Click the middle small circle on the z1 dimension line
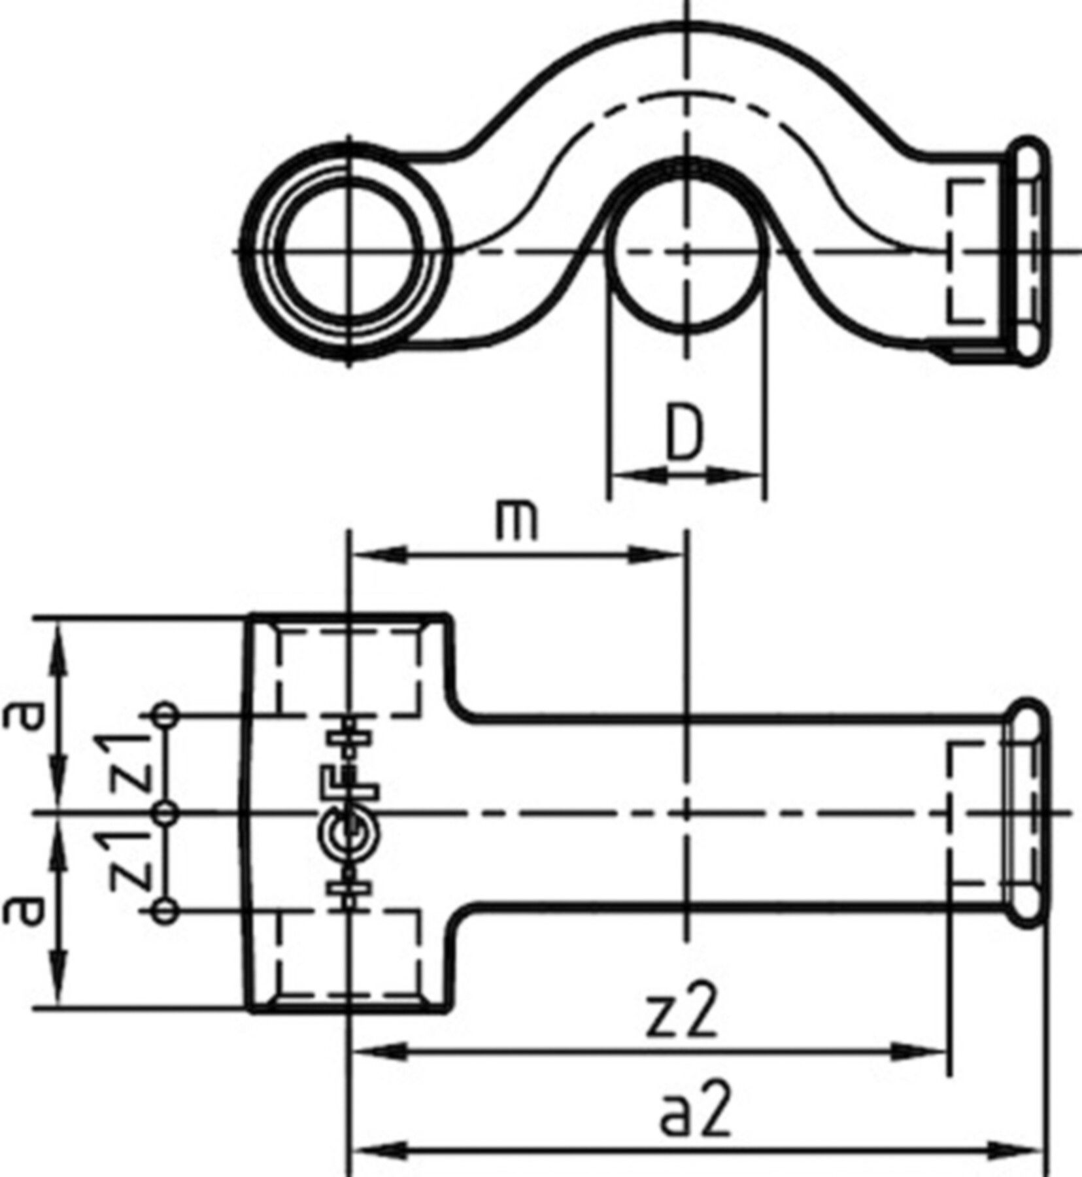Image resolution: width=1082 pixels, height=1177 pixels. (x=167, y=813)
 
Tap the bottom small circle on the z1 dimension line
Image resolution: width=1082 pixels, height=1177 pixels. (x=166, y=912)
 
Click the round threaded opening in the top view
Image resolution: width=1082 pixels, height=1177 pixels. (x=349, y=251)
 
